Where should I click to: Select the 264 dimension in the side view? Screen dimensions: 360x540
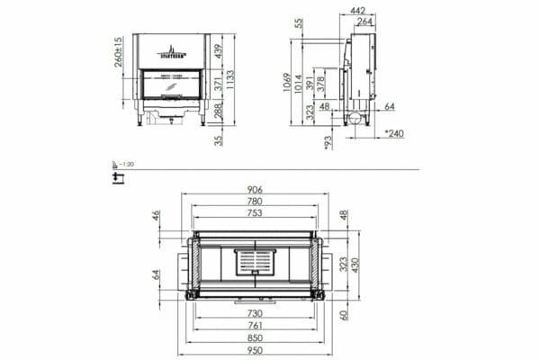(365, 22)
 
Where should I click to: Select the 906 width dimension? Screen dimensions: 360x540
(256, 190)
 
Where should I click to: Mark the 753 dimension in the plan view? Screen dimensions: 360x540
(256, 215)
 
